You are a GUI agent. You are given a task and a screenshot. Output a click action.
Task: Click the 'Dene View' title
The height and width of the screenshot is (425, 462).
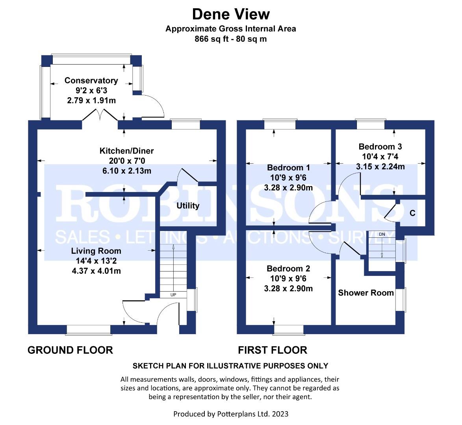[x=231, y=14]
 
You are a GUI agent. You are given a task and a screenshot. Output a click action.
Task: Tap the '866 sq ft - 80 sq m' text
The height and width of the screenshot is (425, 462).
[x=231, y=39]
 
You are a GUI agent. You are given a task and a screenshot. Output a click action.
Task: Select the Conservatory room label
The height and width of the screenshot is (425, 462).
[x=91, y=80]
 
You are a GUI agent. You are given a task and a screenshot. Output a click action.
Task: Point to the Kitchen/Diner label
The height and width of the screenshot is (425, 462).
[x=127, y=151]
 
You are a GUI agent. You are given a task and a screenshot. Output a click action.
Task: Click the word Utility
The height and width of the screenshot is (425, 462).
[x=188, y=205]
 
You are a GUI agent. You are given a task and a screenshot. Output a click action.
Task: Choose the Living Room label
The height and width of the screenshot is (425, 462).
[x=96, y=251]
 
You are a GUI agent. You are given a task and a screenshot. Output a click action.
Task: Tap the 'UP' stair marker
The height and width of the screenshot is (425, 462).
[x=173, y=295]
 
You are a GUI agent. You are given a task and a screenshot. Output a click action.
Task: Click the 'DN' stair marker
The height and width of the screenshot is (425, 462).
[x=382, y=234]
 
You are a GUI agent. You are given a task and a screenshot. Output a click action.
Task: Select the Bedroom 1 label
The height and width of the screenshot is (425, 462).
[x=288, y=168]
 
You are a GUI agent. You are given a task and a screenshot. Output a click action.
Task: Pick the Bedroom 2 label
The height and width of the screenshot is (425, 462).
[x=288, y=268]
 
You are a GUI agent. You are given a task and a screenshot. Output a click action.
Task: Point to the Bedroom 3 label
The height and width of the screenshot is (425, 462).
[x=380, y=146]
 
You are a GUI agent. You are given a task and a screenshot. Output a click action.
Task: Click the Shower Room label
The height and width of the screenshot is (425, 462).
[x=366, y=293]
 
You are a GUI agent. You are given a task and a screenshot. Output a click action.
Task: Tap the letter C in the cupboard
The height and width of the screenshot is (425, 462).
[x=412, y=213]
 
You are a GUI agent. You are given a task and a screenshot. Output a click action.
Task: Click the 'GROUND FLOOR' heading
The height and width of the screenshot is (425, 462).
[x=70, y=350]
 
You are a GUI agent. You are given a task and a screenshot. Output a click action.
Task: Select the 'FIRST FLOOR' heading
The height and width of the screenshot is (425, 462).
[x=273, y=350]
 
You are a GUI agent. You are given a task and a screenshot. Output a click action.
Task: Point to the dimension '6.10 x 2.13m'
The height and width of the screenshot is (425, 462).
[x=127, y=171]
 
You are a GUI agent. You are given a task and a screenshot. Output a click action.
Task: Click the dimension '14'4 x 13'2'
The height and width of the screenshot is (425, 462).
[x=96, y=261]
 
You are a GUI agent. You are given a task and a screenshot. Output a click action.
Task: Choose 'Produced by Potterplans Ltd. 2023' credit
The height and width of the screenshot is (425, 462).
[x=231, y=414]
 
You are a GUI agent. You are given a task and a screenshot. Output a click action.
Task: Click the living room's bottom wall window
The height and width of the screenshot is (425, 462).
[x=89, y=330]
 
